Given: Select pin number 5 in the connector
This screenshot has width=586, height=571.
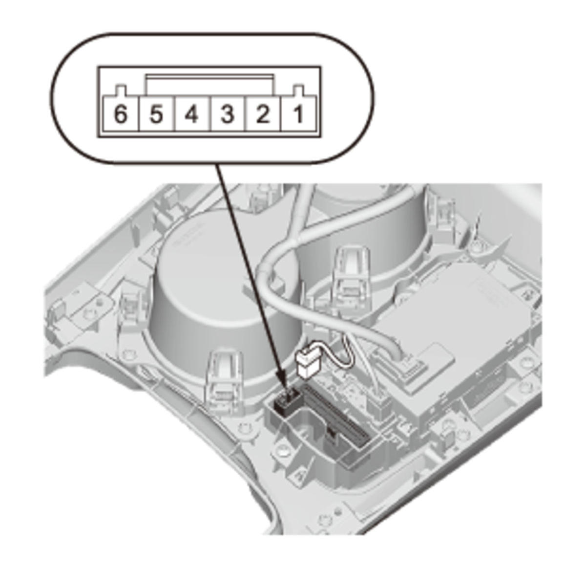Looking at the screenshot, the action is (x=157, y=114).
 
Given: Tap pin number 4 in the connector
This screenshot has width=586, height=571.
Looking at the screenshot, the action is (x=192, y=114).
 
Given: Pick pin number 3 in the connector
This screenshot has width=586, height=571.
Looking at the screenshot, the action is (x=228, y=114).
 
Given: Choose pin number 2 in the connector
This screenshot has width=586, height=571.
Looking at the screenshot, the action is (x=263, y=114).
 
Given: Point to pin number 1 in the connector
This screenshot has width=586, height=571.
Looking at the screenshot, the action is (x=298, y=114).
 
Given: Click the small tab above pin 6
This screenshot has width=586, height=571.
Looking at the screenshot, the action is (x=121, y=90).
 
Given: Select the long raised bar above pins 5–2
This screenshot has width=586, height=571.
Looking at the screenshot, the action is (x=210, y=86).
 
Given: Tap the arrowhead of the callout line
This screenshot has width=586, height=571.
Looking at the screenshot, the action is (x=284, y=391).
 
